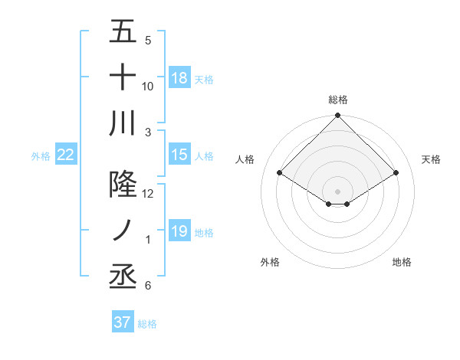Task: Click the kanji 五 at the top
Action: tap(123, 32)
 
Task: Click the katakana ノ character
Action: tap(123, 231)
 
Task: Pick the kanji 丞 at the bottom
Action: tap(123, 276)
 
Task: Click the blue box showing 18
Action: tap(179, 78)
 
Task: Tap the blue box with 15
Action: tap(179, 155)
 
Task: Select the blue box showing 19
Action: tap(179, 231)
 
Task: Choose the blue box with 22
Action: tap(66, 155)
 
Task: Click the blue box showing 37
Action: tap(123, 322)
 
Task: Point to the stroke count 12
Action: tap(148, 194)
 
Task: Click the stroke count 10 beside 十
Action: tap(148, 86)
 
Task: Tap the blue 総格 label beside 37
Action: tap(147, 324)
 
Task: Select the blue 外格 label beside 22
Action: tap(41, 156)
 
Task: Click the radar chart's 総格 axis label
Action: tap(338, 100)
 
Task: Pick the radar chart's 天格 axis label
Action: tap(431, 159)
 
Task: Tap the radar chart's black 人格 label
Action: tap(245, 159)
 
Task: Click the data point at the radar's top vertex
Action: tap(338, 116)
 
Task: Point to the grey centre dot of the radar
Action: tap(338, 190)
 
